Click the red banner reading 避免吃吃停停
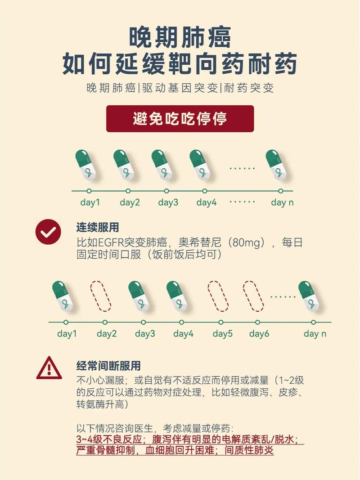coord(180,119)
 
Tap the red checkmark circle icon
coord(48,232)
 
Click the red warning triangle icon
coord(49,368)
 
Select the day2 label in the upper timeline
coord(130,202)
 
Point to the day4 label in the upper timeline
coord(207,202)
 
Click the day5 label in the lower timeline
coord(223,334)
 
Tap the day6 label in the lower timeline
coord(259,334)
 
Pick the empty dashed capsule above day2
coord(101,296)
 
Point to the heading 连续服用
coord(98,228)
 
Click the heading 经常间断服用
coord(108,365)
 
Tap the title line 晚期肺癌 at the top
coord(180,37)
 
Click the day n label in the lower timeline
coord(315,334)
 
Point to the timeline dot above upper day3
coord(166,191)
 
